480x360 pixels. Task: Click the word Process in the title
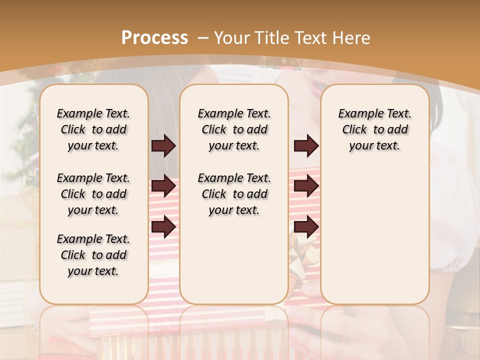click(154, 37)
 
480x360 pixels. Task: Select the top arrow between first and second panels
click(163, 145)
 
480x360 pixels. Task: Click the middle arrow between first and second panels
click(163, 186)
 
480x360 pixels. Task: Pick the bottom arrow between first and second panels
click(163, 227)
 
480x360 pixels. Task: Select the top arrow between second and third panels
click(306, 145)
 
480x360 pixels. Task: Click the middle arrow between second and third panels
click(306, 186)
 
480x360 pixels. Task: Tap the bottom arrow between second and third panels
click(306, 227)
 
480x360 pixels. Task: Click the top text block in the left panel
click(93, 129)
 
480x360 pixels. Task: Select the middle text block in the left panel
click(93, 194)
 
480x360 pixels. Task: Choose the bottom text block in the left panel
click(93, 255)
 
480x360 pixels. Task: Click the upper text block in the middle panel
click(234, 129)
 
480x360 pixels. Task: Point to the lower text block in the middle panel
click(234, 194)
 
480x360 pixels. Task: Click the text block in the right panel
click(375, 129)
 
